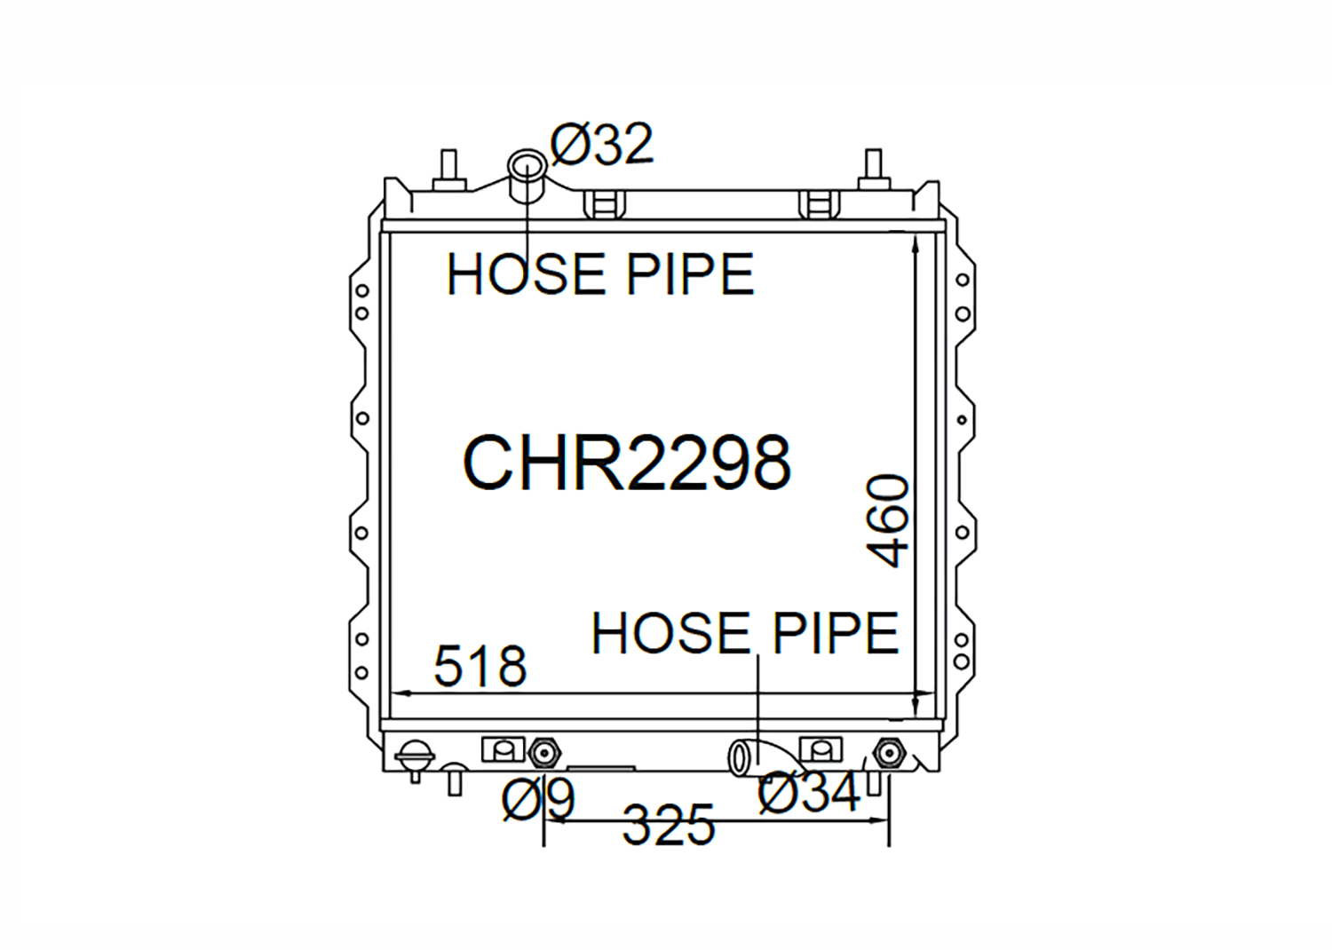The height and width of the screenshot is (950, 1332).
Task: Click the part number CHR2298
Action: click(627, 463)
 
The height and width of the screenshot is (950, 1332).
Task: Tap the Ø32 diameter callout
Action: click(602, 145)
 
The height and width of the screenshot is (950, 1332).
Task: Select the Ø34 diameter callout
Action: click(809, 792)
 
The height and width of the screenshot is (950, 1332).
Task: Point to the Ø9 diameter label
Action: click(539, 800)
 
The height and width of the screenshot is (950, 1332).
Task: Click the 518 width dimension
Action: click(480, 666)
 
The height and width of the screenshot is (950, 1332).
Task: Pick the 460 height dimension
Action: click(888, 520)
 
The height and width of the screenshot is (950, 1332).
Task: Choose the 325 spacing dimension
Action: click(668, 825)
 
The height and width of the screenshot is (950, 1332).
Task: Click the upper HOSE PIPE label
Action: click(600, 274)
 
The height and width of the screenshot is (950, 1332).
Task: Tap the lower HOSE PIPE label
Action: click(745, 633)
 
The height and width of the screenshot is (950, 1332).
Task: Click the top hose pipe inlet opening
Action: click(527, 163)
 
